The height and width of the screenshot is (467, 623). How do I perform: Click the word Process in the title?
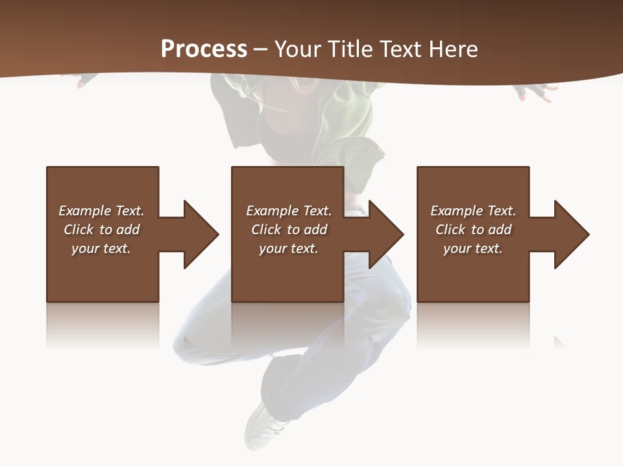tap(204, 49)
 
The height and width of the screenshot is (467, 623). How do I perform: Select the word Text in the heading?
tap(400, 49)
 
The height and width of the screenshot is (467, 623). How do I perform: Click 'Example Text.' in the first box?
tap(101, 211)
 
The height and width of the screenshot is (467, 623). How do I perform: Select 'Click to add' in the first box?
tap(101, 230)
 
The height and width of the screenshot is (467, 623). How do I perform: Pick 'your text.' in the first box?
tap(101, 248)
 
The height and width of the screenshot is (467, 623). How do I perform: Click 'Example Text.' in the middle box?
tap(288, 211)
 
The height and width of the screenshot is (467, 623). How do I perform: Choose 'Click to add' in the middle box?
tap(288, 230)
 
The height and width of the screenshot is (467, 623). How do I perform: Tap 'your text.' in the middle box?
tap(288, 248)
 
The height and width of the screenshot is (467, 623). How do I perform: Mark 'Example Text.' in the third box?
tap(473, 211)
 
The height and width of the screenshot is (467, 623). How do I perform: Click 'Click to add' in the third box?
tap(473, 230)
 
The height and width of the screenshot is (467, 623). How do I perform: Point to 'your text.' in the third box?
tap(473, 248)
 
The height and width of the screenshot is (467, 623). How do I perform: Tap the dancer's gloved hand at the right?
tap(536, 93)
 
